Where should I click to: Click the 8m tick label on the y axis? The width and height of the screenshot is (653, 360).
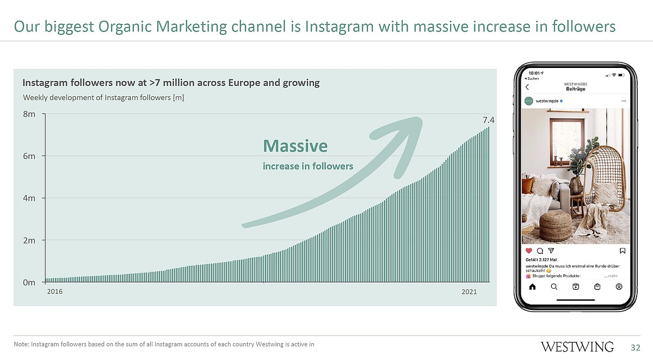[x=29, y=114]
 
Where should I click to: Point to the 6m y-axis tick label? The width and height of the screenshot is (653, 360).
[x=29, y=156]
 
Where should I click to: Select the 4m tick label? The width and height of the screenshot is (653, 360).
[x=29, y=198]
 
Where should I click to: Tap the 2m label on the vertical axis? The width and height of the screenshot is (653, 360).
[x=29, y=240]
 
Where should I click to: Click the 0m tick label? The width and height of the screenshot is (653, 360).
[x=29, y=282]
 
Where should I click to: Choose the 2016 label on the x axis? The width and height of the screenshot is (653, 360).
[x=54, y=292]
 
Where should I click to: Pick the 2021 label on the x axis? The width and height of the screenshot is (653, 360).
[x=469, y=292]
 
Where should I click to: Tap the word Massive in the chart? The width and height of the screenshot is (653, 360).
[x=295, y=146]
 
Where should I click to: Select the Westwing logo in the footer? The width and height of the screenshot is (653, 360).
[x=577, y=347]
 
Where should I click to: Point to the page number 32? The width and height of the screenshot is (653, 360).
[x=636, y=347]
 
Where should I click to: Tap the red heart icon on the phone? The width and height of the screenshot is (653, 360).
[x=528, y=251]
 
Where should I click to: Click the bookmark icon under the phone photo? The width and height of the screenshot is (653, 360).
[x=623, y=251]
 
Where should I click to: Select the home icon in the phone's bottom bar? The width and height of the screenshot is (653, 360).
[x=532, y=287]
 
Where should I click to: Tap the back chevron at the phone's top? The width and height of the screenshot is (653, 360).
[x=527, y=88]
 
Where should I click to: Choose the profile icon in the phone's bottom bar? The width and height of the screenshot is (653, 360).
[x=619, y=287]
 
